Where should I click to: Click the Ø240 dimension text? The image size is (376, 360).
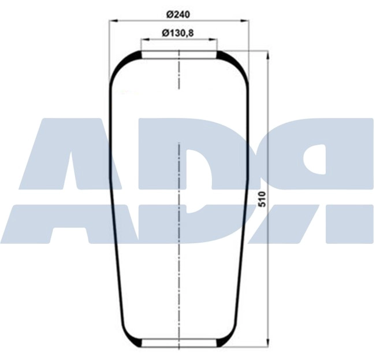coord(178,13)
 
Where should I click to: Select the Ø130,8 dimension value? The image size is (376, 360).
coord(178,32)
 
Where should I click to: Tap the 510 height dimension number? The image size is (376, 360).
coord(262,199)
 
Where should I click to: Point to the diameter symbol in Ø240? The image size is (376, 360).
coord(169,13)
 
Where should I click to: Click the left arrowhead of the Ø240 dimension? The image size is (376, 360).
coord(112,21)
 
